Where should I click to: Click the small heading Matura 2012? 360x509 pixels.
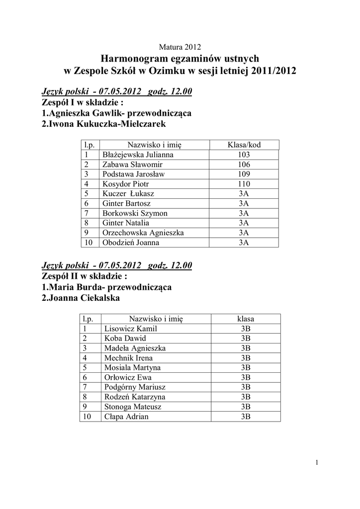(x=180, y=48)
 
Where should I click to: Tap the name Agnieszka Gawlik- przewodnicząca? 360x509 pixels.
(x=117, y=113)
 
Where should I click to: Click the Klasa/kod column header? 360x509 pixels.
(x=244, y=145)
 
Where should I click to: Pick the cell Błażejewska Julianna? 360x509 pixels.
(x=131, y=155)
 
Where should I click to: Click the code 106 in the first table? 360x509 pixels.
(x=244, y=165)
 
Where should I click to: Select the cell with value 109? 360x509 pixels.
(x=244, y=174)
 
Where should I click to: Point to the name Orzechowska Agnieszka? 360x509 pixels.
(x=143, y=233)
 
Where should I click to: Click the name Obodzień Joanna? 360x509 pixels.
(x=131, y=243)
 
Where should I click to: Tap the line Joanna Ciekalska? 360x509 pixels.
(x=81, y=298)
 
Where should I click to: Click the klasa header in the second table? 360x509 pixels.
(x=246, y=319)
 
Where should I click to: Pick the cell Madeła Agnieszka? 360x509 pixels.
(x=135, y=348)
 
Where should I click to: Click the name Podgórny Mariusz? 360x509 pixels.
(x=135, y=387)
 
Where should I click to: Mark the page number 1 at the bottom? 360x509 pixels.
(x=316, y=463)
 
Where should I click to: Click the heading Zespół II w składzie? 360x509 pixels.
(x=85, y=276)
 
